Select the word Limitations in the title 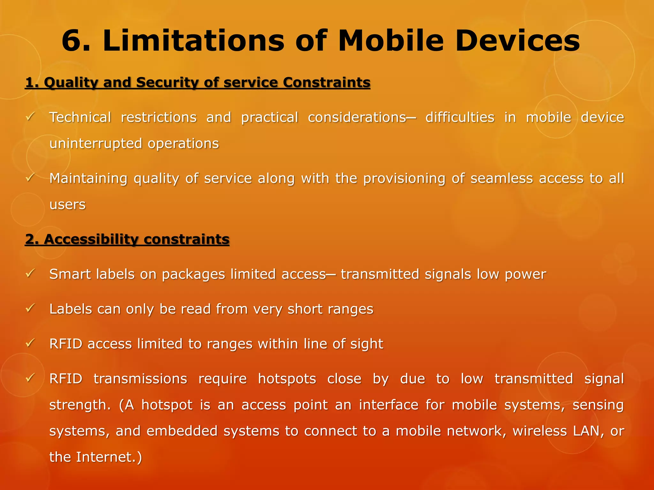193,41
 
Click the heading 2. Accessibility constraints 127,239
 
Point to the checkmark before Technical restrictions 30,117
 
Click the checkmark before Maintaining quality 30,178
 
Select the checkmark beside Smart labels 30,273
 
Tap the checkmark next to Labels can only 30,308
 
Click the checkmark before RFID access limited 30,343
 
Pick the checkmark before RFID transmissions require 30,378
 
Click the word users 67,204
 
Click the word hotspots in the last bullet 287,379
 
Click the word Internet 106,457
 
